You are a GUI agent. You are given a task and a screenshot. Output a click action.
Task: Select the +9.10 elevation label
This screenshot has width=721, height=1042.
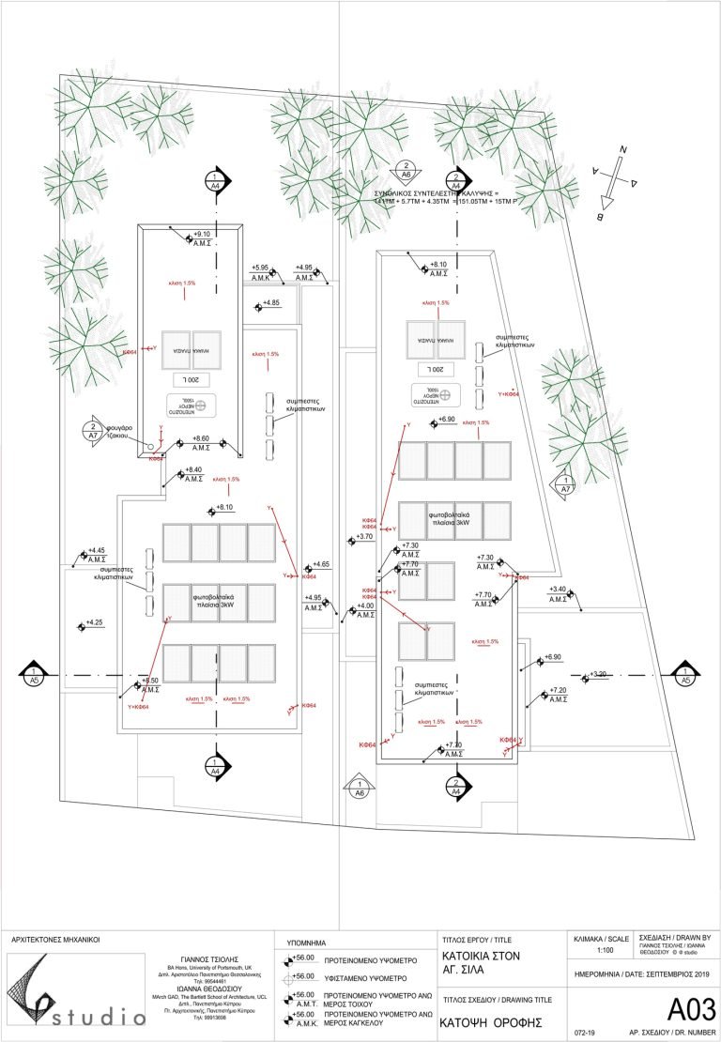[x=202, y=234]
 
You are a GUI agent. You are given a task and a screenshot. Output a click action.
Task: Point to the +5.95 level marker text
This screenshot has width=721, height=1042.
[x=260, y=268]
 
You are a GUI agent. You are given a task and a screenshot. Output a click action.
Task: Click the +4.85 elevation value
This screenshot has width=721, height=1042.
[x=271, y=302]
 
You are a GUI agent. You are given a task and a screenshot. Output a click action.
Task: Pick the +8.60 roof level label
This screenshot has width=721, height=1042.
[x=200, y=438]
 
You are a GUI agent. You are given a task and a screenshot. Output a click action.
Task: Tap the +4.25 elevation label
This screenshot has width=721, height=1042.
[x=96, y=621]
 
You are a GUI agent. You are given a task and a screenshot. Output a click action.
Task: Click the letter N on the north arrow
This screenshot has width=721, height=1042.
[x=621, y=150]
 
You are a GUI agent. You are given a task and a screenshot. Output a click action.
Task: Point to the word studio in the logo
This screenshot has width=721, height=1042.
[x=94, y=1017]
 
